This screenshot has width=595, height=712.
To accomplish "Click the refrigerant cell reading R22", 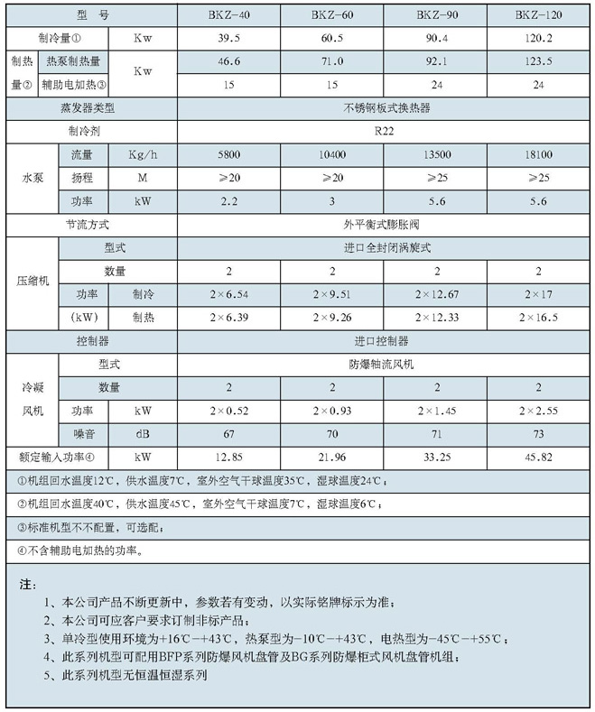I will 385,130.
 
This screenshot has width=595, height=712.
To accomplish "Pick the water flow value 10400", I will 332,155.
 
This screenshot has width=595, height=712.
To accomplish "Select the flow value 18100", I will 538,155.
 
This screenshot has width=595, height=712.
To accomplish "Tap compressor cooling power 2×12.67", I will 436,293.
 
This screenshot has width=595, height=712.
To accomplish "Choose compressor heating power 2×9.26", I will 332,317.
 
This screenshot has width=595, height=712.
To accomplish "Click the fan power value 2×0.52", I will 228,410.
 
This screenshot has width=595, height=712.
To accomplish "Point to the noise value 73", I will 538,433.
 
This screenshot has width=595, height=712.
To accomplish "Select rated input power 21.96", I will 332,457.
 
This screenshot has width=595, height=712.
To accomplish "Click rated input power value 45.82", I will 538,457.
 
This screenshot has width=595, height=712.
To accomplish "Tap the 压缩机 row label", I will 32,282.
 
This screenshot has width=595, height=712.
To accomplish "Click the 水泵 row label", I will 32,178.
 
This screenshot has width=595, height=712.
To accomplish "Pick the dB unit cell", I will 142,433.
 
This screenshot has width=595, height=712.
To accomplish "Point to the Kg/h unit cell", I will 142,155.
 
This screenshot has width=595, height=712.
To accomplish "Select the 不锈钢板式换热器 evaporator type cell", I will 385,107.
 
